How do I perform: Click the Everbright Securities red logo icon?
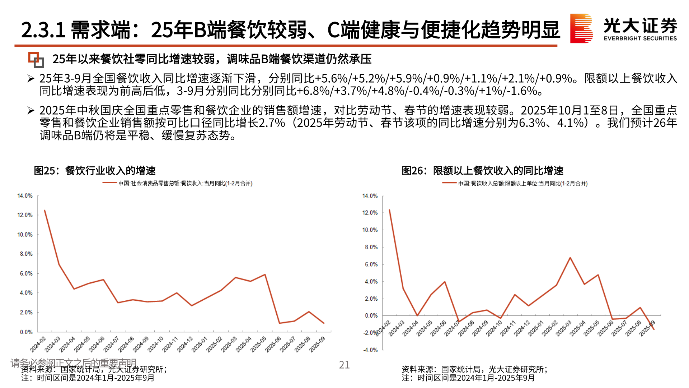(x=581, y=28)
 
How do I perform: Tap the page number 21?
(x=344, y=365)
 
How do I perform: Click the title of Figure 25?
(x=95, y=171)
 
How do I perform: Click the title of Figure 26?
(x=482, y=171)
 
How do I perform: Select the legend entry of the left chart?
(x=178, y=183)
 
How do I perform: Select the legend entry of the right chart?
(x=515, y=183)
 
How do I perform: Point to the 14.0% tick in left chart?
(x=25, y=196)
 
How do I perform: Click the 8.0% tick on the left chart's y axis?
(x=26, y=254)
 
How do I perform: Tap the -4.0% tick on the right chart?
(x=370, y=350)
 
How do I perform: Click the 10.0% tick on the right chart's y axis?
(x=370, y=230)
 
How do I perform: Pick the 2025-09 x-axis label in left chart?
(x=317, y=344)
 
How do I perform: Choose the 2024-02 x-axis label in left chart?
(x=38, y=344)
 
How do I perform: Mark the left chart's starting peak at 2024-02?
(x=44, y=211)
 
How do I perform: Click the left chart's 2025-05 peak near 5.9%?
(x=265, y=275)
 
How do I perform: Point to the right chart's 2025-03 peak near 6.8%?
(x=570, y=258)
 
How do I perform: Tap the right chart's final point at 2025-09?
(x=654, y=329)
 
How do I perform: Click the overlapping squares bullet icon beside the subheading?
(x=36, y=60)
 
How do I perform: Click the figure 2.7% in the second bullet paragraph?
(x=272, y=123)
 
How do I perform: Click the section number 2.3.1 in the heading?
(x=43, y=30)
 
